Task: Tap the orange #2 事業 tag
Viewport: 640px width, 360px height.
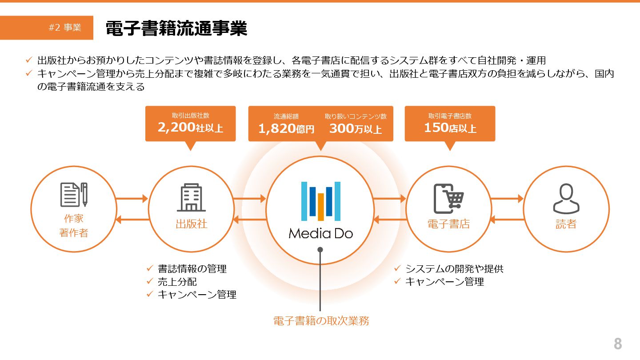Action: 65,28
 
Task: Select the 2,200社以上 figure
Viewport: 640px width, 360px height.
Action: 190,128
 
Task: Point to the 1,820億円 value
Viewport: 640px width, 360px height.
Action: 286,129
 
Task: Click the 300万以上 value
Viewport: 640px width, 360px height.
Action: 355,129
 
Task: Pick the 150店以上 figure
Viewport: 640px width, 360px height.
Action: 450,128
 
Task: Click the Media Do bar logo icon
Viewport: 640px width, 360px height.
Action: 320,201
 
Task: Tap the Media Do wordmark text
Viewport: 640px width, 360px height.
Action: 320,233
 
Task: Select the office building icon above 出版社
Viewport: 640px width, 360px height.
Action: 191,198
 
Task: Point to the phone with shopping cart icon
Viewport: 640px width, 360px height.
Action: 448,198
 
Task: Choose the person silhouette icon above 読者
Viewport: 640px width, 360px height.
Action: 566,199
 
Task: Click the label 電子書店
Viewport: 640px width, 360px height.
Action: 448,224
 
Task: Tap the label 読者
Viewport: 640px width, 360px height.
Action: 566,224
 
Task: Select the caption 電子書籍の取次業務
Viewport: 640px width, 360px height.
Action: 321,321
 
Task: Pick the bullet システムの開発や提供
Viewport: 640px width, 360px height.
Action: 454,269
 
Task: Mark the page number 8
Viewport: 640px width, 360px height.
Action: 617,344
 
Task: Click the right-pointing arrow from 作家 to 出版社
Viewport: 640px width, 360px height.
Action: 132,199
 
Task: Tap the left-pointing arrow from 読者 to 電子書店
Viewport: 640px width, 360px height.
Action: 507,219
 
